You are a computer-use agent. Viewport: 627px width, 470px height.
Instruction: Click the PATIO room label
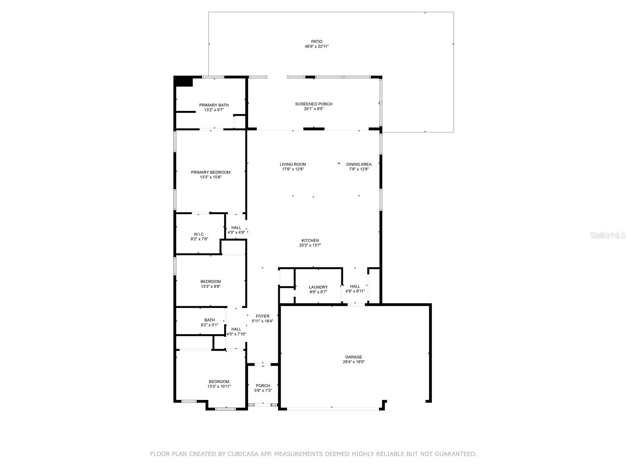(317, 41)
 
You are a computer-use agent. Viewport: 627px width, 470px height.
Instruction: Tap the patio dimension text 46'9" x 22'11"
(317, 47)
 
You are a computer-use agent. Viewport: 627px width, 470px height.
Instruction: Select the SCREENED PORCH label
(313, 104)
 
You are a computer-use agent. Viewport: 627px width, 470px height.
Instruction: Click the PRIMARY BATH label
(214, 105)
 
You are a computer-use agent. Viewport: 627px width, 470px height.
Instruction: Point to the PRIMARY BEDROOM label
(210, 172)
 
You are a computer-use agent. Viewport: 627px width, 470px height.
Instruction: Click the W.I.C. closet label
(199, 234)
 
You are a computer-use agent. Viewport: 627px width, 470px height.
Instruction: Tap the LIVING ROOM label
(293, 164)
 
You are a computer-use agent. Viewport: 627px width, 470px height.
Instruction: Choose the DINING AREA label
(359, 164)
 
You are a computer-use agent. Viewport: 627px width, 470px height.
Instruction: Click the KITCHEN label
(310, 240)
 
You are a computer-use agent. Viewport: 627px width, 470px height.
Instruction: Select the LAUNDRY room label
(318, 287)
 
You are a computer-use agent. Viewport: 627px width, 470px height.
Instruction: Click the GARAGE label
(353, 357)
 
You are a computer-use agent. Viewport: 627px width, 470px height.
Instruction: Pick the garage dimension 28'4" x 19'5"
(353, 362)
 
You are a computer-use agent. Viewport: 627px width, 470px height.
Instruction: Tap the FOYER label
(263, 316)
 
